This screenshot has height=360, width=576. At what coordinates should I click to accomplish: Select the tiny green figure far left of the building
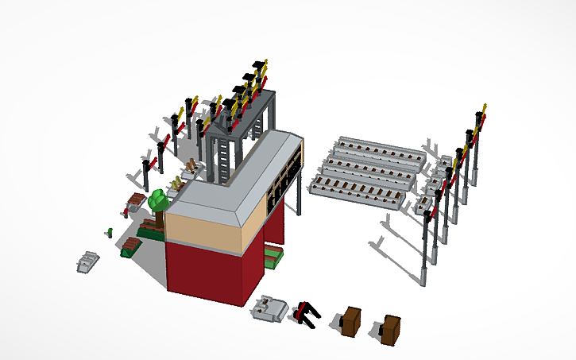tap(109, 232)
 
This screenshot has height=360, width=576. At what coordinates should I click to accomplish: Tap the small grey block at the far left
tap(88, 261)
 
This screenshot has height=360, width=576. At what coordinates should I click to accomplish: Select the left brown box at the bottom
tap(350, 321)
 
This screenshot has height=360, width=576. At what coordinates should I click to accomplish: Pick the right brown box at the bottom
tap(389, 328)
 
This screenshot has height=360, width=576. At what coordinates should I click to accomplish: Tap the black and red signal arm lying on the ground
tap(306, 314)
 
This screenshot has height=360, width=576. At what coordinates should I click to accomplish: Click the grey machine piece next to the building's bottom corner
tap(270, 308)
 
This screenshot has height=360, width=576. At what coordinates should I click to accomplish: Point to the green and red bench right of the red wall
tap(273, 257)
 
